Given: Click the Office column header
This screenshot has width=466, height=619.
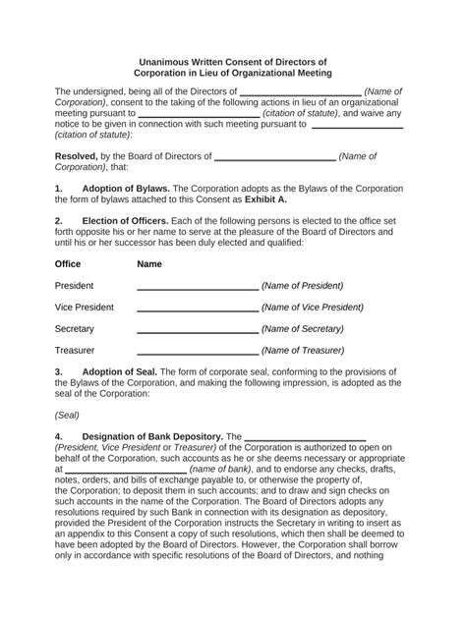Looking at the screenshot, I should [68, 264].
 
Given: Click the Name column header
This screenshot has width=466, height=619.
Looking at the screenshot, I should [149, 264].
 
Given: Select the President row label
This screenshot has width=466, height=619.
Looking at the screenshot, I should [75, 286].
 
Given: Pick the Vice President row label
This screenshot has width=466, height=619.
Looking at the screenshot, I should [85, 308].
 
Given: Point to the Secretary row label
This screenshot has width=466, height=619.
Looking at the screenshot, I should [75, 329].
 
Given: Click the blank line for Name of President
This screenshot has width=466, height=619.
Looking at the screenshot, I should [197, 288].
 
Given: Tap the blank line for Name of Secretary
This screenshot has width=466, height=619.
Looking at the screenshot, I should [197, 331].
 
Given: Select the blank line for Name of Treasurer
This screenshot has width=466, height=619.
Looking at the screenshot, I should [197, 353].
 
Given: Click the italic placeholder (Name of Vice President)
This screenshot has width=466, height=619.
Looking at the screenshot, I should [313, 308].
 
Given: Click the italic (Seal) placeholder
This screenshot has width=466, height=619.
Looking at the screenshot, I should [68, 415].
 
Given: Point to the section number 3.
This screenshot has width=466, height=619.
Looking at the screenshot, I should [59, 372].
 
